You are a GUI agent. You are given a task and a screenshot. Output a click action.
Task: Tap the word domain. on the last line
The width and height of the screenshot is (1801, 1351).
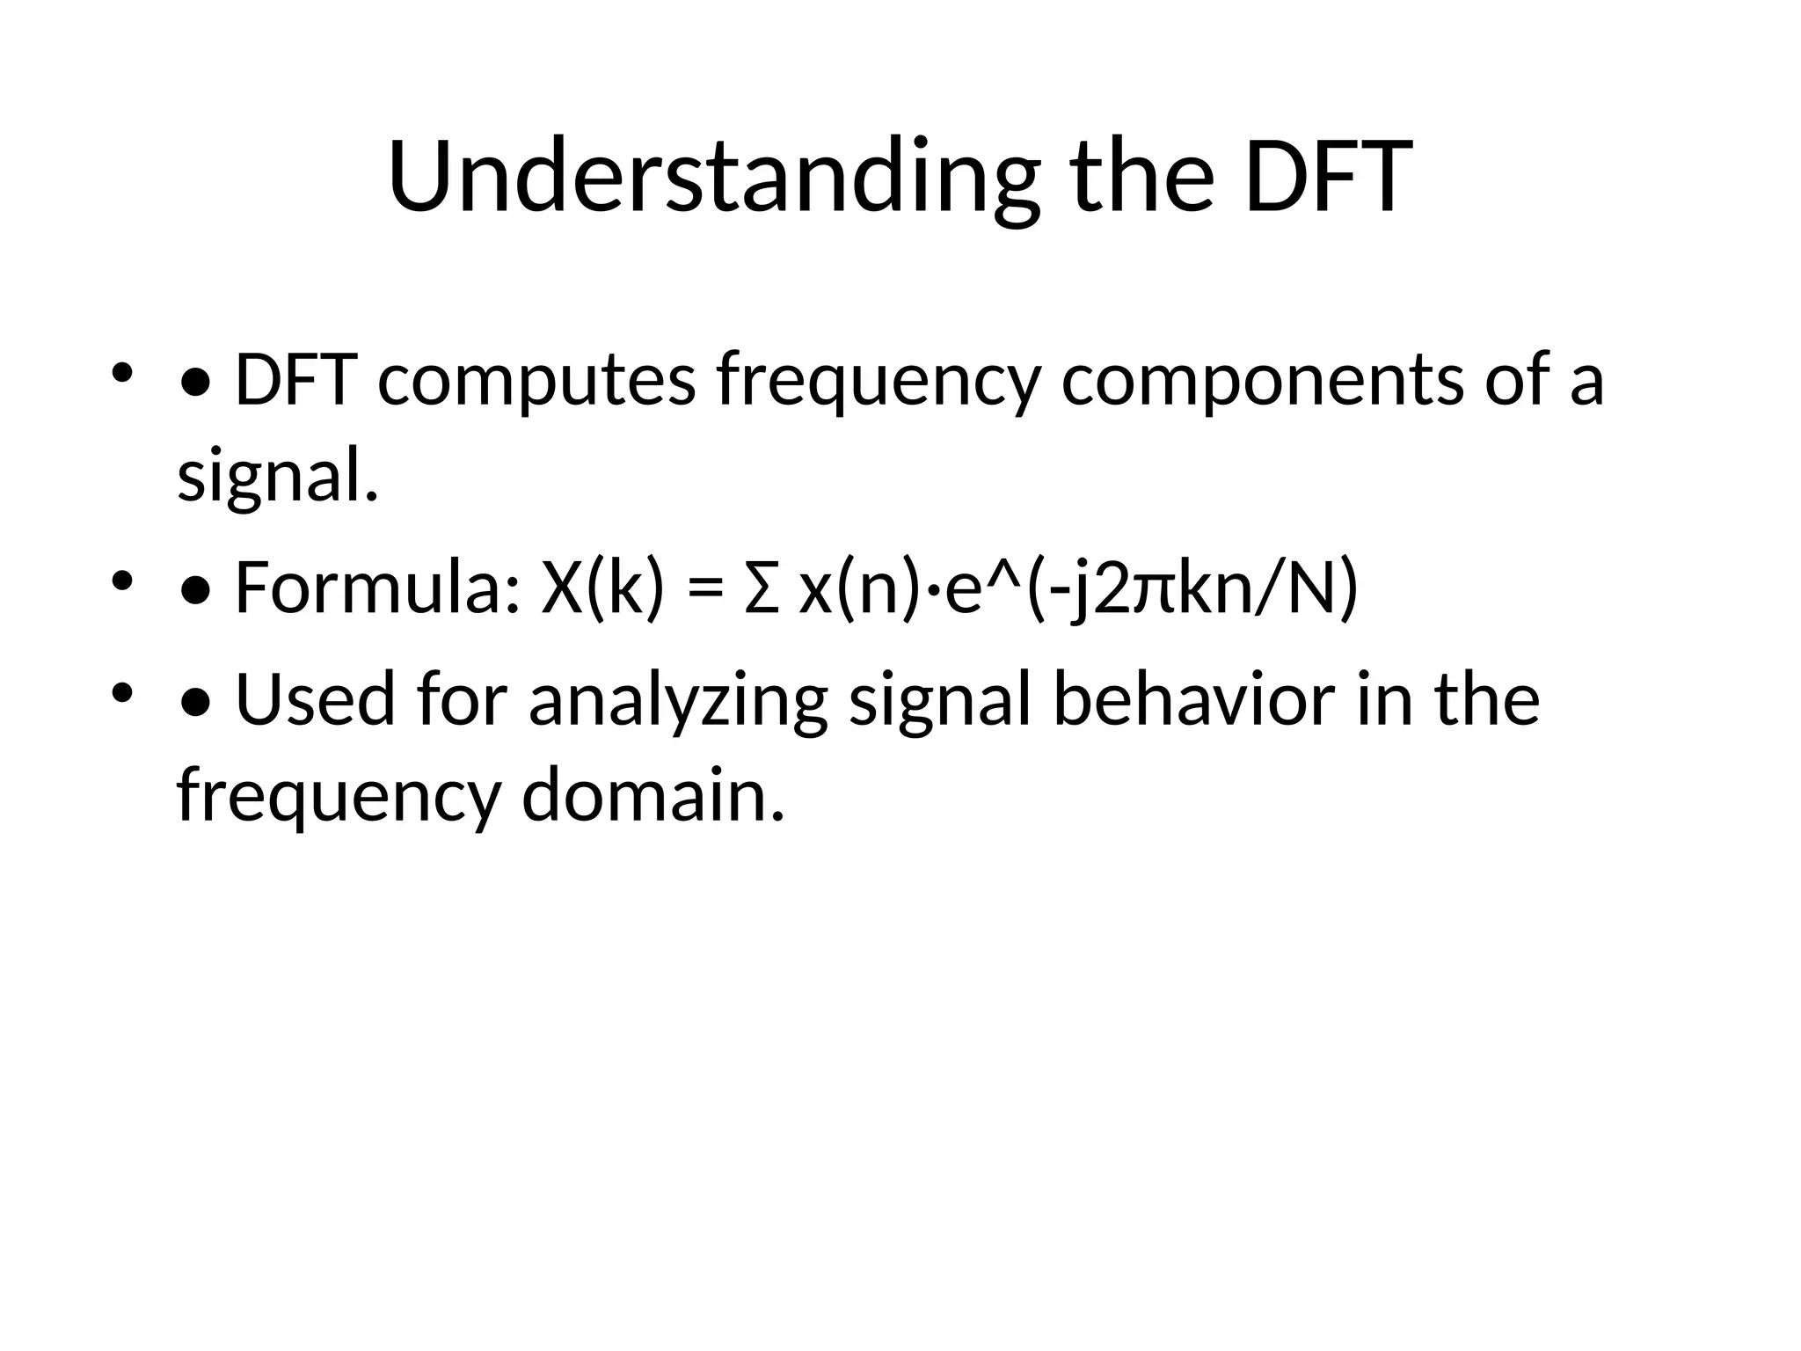(652, 795)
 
